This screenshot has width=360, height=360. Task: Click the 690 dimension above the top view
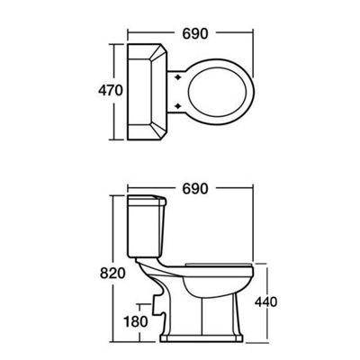(x=195, y=34)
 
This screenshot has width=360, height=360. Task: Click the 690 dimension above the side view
(x=195, y=189)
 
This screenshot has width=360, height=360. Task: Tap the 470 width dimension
(x=111, y=90)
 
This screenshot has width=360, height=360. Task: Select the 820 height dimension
(x=112, y=274)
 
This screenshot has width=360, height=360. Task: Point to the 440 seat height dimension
(x=266, y=301)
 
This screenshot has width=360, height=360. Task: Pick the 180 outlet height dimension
(x=136, y=321)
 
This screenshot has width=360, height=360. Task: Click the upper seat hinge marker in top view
(x=178, y=77)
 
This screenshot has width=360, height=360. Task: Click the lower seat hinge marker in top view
(x=178, y=105)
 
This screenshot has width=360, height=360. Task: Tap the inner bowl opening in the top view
(x=220, y=92)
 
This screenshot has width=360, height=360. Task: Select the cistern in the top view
(x=148, y=92)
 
